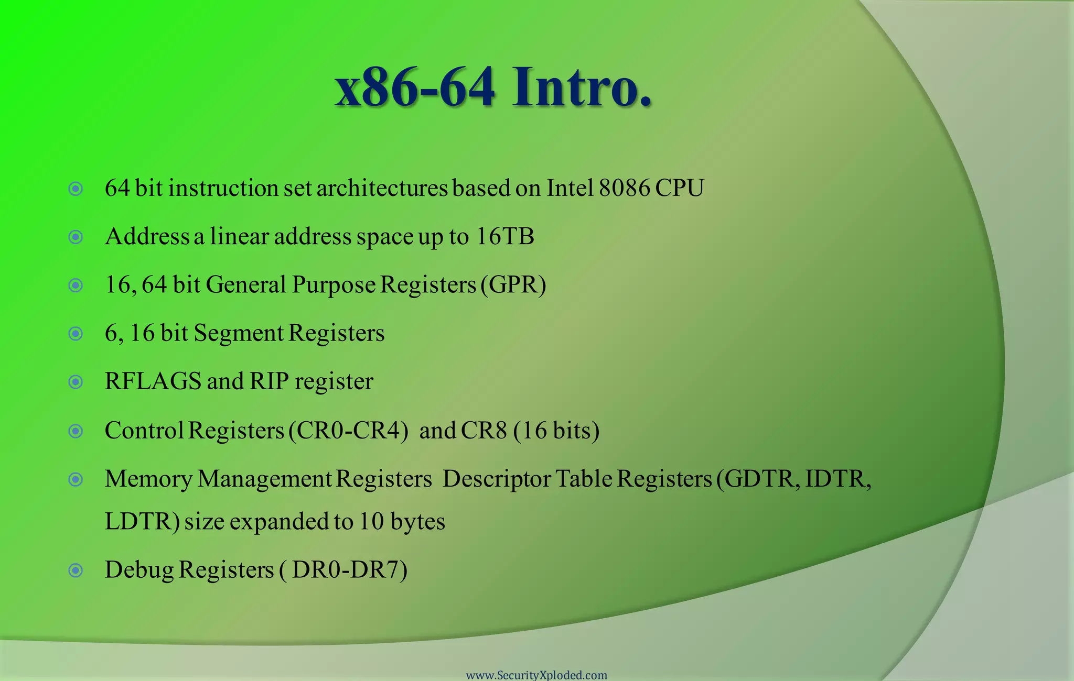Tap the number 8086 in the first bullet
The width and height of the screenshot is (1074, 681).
[x=624, y=188]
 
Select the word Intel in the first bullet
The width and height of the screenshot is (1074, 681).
[x=570, y=188]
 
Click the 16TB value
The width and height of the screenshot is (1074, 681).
[x=504, y=236]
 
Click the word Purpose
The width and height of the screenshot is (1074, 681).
[x=334, y=285]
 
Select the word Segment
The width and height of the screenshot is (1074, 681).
[x=239, y=334]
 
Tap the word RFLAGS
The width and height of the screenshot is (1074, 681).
[x=153, y=381]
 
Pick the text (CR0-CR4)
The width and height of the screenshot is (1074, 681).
[x=348, y=431]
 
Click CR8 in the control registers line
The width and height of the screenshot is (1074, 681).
[x=484, y=431]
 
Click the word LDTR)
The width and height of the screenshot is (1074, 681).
[x=142, y=522]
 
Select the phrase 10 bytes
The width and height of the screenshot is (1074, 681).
[x=402, y=522]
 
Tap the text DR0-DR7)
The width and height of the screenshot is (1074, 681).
[x=349, y=570]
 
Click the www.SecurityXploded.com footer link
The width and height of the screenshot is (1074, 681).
[x=536, y=675]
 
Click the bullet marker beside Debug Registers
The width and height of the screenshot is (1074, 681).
[x=76, y=570]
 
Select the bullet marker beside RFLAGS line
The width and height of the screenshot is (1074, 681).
[x=76, y=382]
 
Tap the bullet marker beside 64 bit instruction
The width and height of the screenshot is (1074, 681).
[x=76, y=189]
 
